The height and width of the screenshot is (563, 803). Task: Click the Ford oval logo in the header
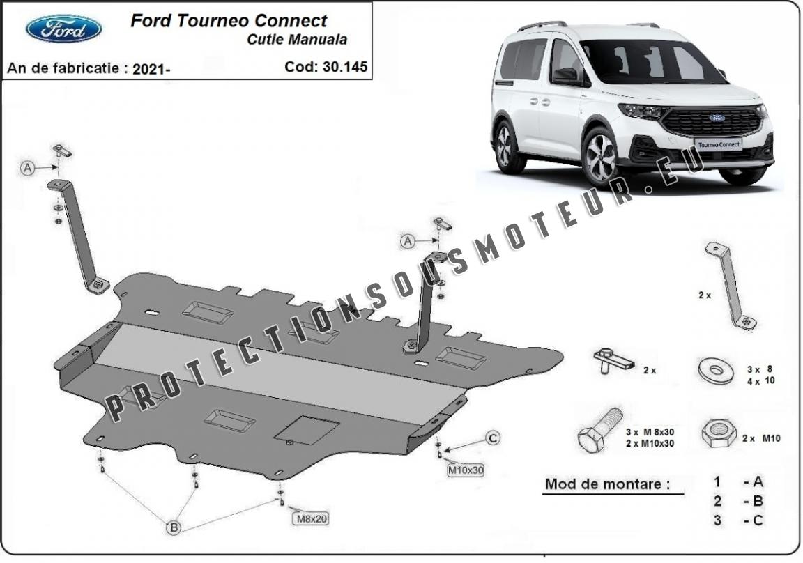coord(63,29)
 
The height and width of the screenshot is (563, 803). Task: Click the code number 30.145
coord(344,67)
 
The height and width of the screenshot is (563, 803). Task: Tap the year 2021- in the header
coord(151,69)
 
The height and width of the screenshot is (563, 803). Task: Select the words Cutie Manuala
coord(297,40)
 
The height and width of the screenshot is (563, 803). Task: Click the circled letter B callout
coord(174,527)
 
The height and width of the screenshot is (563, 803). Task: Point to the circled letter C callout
coord(493,438)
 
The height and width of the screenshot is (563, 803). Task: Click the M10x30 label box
coord(466,470)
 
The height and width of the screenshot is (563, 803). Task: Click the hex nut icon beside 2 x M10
coord(719,434)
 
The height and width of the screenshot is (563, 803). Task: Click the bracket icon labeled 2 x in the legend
coord(731,286)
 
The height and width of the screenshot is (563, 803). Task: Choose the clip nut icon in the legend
coord(613,360)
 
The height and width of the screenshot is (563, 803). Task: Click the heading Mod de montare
coord(607,484)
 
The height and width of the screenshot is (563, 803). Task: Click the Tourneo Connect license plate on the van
coord(719,144)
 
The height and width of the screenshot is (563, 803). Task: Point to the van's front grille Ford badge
coord(717,118)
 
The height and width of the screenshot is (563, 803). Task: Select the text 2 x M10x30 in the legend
coord(650,444)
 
